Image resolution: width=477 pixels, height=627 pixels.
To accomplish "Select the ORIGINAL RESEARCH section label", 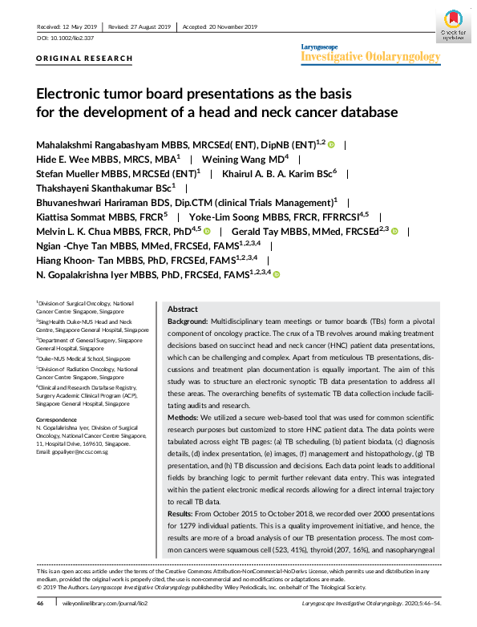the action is pos(85,59).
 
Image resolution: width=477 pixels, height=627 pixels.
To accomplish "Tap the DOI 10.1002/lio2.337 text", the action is pos(65,38).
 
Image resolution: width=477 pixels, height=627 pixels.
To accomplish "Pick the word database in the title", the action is pos(365,111).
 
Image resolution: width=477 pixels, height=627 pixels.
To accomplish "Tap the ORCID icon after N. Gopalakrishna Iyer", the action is pos(277,274).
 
